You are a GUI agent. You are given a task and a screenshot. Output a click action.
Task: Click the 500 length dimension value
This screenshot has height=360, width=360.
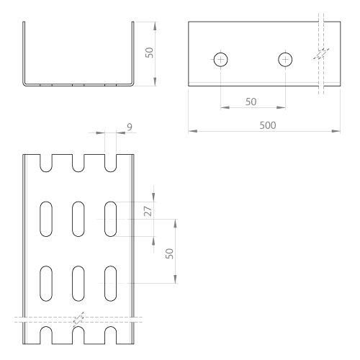(x=268, y=125)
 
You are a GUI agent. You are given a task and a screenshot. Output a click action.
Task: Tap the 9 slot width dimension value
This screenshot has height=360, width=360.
(x=130, y=127)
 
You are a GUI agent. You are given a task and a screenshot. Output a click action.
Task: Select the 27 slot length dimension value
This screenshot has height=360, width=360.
(x=148, y=211)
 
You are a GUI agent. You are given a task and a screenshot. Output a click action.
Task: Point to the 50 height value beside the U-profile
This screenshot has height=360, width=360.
(x=149, y=53)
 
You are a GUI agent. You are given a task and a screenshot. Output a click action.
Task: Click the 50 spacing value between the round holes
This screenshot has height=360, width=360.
(x=251, y=102)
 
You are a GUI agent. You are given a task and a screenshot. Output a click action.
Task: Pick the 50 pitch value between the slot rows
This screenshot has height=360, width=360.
(x=169, y=253)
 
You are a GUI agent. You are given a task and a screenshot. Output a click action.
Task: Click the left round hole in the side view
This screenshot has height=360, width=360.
(x=220, y=59)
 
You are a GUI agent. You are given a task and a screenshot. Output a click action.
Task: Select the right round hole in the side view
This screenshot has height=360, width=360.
(x=285, y=59)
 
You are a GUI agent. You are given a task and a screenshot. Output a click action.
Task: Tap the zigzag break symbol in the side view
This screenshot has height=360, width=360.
(x=321, y=54)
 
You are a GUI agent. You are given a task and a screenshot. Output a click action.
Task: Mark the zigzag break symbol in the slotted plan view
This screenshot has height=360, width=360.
(x=78, y=320)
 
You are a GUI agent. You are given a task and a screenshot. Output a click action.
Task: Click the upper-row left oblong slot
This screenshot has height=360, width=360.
(x=46, y=219)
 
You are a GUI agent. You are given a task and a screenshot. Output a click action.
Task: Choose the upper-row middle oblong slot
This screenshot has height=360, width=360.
(x=78, y=219)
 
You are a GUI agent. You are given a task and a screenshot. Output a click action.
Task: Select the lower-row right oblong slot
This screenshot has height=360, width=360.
(x=111, y=284)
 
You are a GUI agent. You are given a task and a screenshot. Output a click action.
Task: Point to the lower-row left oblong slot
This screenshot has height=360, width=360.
(x=46, y=284)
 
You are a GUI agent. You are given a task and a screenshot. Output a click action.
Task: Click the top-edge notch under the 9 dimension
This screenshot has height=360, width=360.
(x=111, y=163)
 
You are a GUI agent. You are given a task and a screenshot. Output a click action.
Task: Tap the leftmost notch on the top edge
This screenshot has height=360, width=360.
(x=46, y=163)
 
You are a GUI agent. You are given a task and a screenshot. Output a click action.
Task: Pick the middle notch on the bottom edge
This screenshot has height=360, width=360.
(x=78, y=336)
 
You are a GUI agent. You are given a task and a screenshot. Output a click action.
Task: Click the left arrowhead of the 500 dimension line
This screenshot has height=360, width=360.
(x=193, y=131)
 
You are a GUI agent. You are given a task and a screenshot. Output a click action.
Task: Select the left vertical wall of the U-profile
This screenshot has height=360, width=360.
(x=24, y=53)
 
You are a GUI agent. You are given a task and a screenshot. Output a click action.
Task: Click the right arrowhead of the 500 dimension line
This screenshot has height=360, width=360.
(x=336, y=131)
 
